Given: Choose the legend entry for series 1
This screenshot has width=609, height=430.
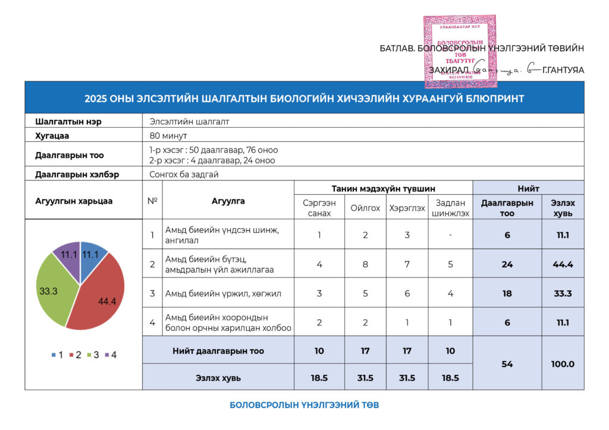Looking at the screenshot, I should point(56,355).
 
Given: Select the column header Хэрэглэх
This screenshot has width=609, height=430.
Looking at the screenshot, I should point(407,208).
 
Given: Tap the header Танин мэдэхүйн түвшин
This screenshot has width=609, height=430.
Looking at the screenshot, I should point(383,188).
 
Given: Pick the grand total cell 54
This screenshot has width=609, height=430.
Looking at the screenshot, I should point(507,363).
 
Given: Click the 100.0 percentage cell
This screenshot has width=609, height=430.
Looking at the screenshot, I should point(563,363).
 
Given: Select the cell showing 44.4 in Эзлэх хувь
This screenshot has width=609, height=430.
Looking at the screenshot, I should point(563,264).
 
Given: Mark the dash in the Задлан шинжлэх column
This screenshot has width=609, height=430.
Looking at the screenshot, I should point(450,235).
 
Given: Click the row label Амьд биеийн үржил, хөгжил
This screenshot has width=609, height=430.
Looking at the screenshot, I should point(215,293).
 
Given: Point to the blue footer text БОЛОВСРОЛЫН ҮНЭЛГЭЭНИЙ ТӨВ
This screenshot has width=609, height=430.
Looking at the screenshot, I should point(304,405).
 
